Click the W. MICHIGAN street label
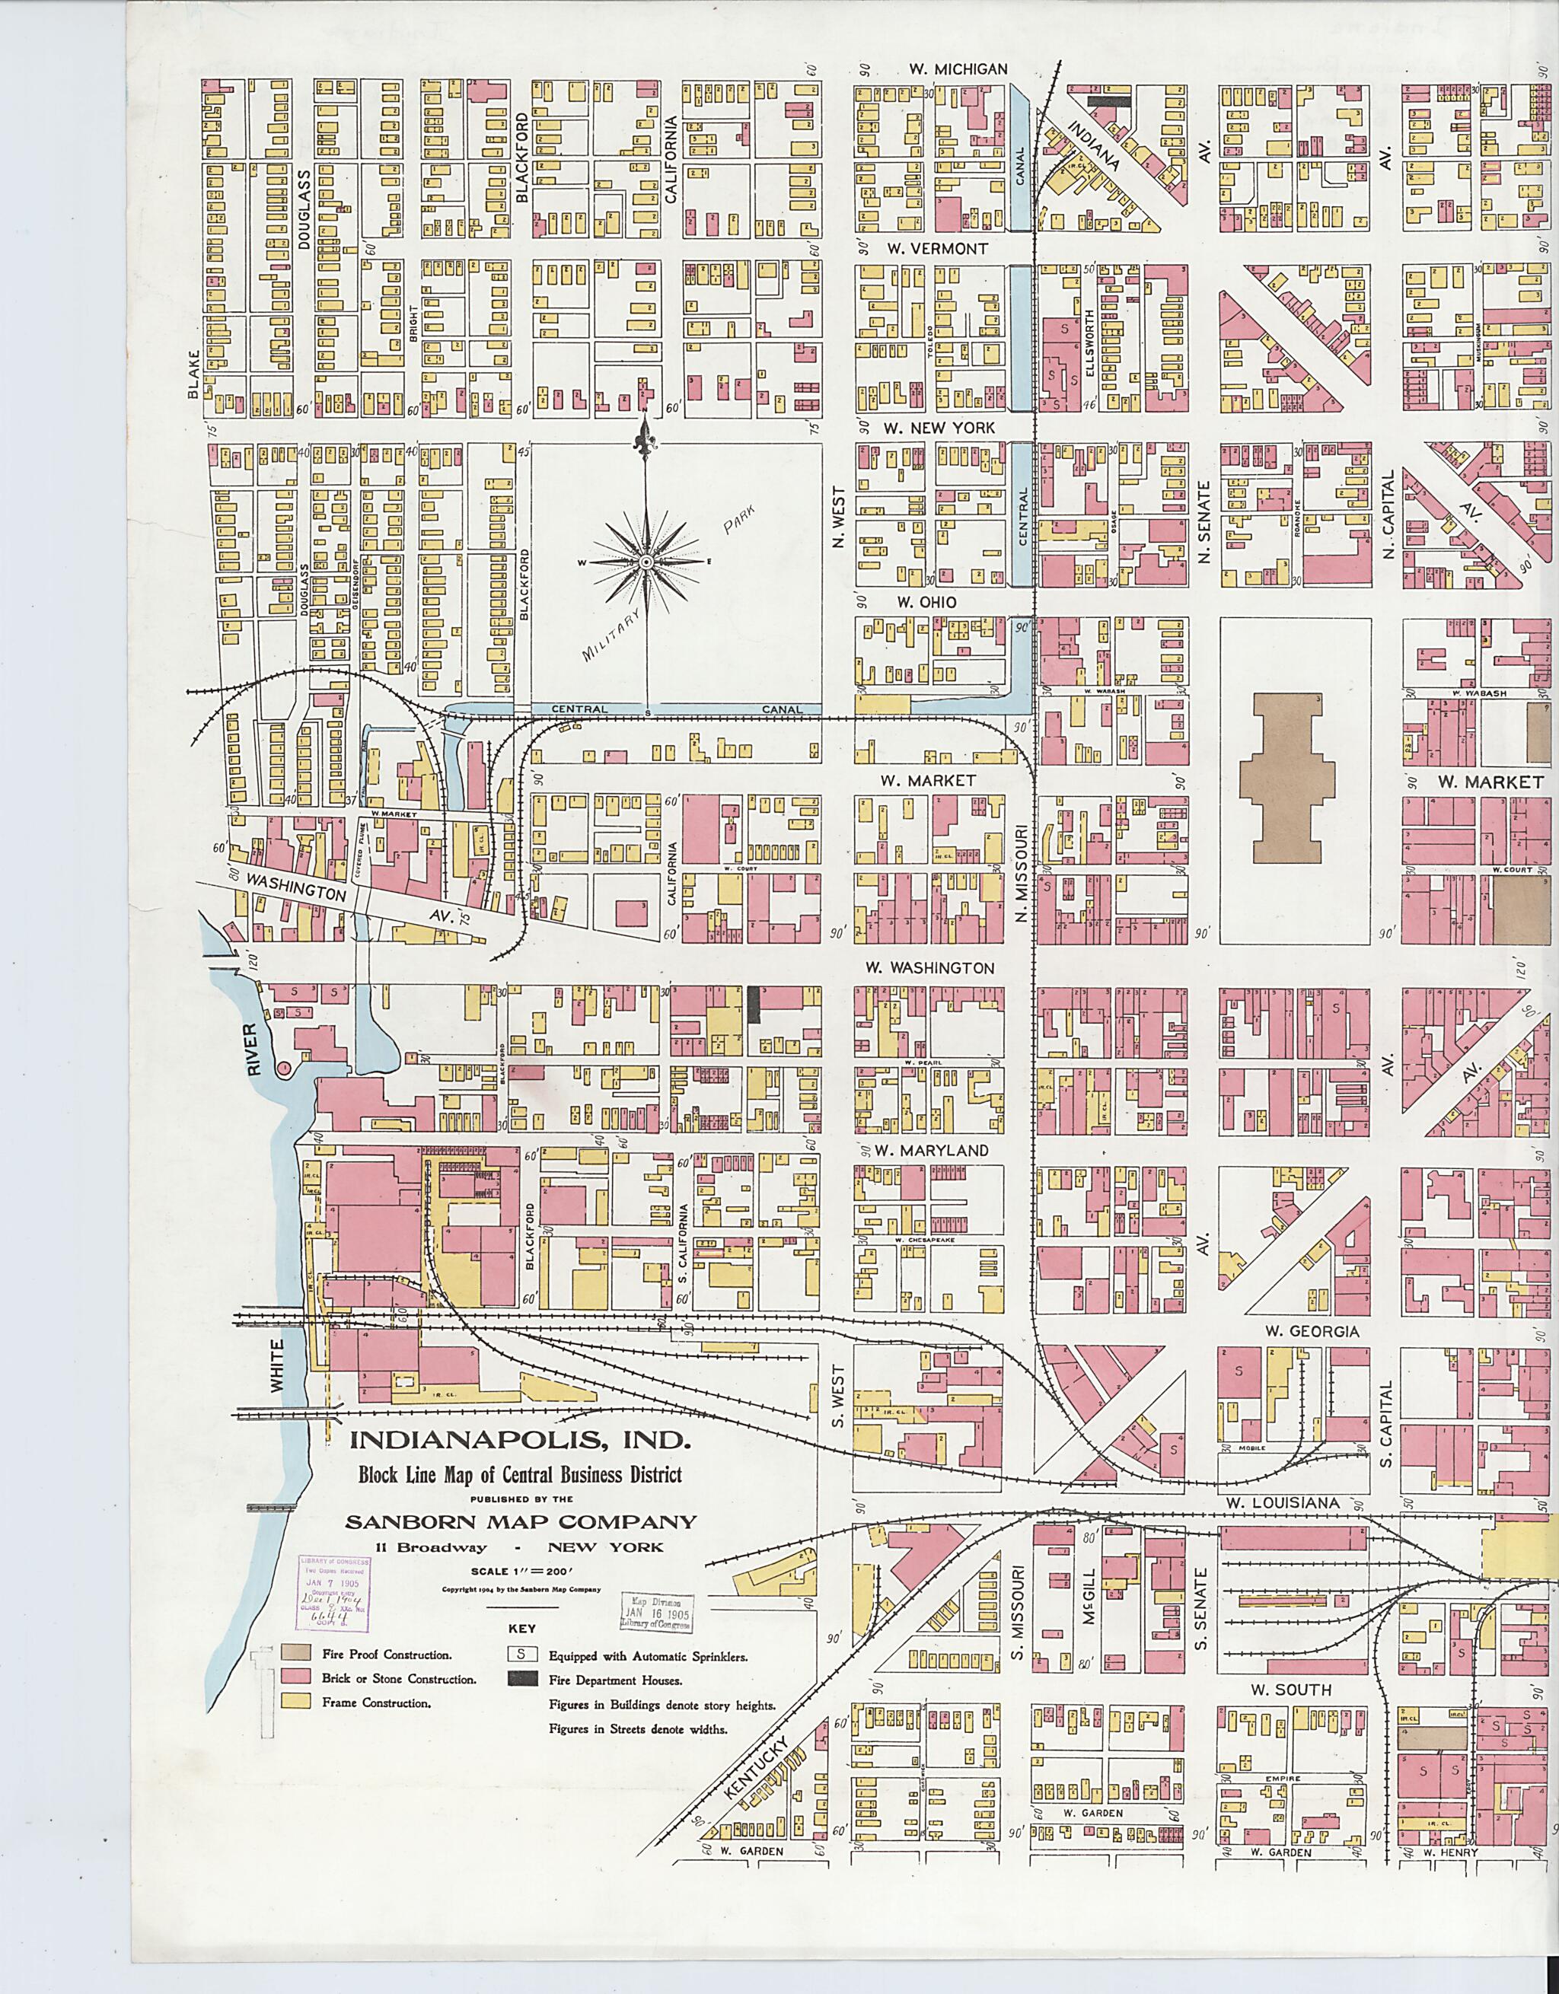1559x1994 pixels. point(958,69)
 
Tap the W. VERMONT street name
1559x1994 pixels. point(941,248)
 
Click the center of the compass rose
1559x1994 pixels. point(646,562)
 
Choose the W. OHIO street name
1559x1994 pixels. point(926,602)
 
